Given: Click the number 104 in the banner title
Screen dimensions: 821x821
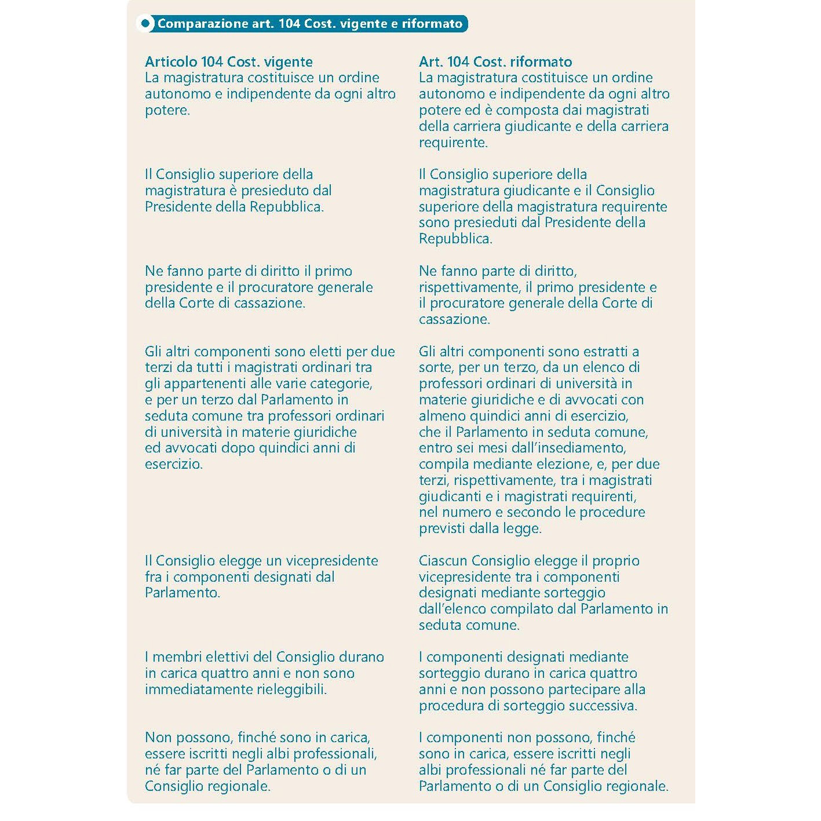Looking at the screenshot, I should click(x=288, y=24).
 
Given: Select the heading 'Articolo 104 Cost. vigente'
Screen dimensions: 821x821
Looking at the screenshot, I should click(x=229, y=62).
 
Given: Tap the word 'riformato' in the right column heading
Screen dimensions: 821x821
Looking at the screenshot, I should click(x=542, y=62).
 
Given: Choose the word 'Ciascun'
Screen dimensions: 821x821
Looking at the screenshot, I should click(x=443, y=561).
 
